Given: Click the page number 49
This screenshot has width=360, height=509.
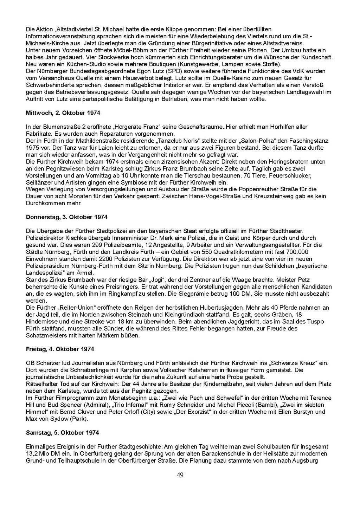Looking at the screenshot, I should point(180,475).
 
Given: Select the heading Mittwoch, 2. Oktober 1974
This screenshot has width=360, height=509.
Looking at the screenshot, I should point(63,113).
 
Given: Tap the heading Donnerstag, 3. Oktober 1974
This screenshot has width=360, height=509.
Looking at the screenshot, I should point(67,217).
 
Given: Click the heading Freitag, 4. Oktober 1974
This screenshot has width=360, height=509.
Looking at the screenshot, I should point(60,349).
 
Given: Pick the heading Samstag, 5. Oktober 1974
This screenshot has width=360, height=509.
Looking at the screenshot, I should point(63,432).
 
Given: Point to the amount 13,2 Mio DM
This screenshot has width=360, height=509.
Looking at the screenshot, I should point(41,453).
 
